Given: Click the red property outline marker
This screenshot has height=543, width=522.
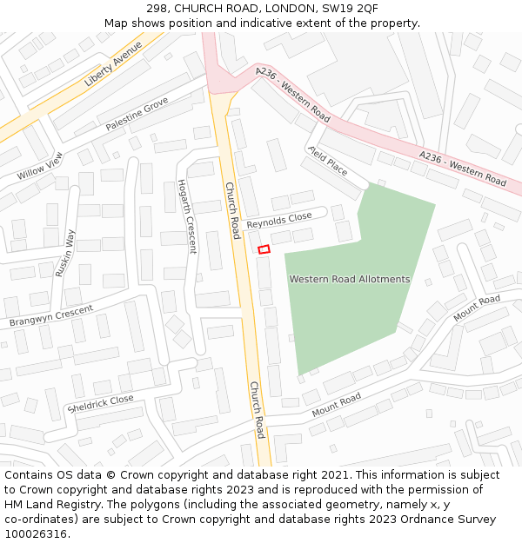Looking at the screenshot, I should coord(264,249).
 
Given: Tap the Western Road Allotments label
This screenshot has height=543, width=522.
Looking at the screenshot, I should coord(349,279).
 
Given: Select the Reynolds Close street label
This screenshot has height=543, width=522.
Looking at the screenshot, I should coord(278,221).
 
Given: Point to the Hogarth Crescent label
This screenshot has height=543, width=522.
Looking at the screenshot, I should coord(187,216).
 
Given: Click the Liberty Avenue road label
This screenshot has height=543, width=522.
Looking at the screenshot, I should coord(113,63).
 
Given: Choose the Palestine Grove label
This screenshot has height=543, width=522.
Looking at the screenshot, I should coord(137,115).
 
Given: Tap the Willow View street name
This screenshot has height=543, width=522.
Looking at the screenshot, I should coord(40,165).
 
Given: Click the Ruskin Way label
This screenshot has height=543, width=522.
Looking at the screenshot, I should coord(65,253).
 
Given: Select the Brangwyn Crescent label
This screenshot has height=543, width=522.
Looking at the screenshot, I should coord(51,316).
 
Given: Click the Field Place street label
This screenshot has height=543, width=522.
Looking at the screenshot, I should coord(327,161).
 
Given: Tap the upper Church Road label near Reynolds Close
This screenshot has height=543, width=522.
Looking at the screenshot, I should coord(232,210).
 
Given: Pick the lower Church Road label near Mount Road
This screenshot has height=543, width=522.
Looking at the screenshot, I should coord(257,409).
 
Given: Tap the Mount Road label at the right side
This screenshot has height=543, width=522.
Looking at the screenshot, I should coord(477,308).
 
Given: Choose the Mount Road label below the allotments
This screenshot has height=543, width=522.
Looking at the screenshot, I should coord(336,404).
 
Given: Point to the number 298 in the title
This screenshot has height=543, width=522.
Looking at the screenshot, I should coord(145,8).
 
